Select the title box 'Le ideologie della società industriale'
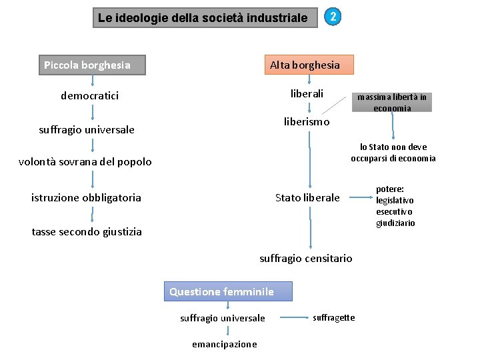click(203, 18)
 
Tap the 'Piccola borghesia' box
click(93, 65)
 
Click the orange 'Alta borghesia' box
click(309, 65)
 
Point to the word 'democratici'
click(90, 96)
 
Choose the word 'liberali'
click(307, 94)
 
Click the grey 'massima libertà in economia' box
click(392, 102)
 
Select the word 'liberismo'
click(307, 122)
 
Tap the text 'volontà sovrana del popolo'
click(85, 161)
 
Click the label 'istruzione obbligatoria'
click(87, 197)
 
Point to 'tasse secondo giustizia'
click(87, 232)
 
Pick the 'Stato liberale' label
click(307, 197)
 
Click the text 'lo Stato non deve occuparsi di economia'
click(393, 152)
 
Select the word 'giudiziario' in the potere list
click(395, 223)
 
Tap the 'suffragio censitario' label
click(306, 258)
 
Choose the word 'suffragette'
click(334, 317)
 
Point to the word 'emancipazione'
click(224, 344)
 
